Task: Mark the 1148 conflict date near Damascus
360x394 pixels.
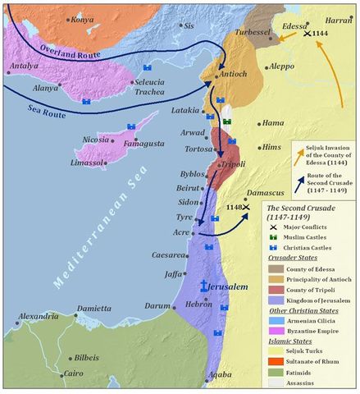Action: [x=233, y=208]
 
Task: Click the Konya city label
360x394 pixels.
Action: [x=81, y=19]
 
